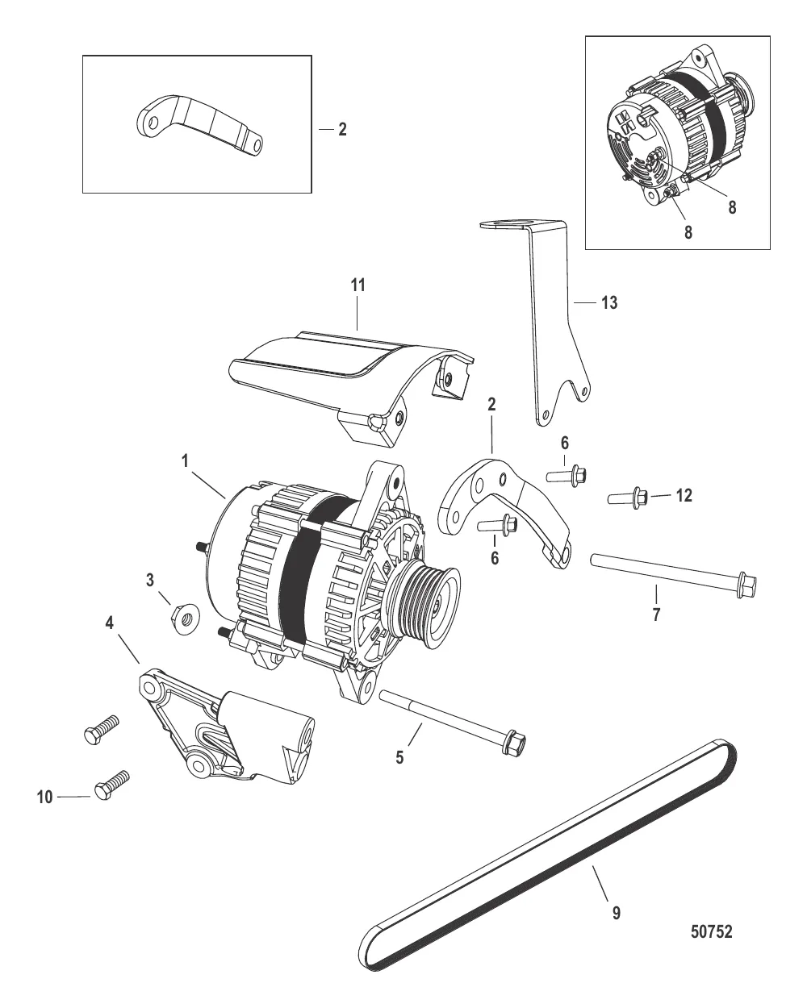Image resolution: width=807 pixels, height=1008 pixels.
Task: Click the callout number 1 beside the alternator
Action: click(185, 461)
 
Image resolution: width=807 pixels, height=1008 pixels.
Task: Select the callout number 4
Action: click(109, 623)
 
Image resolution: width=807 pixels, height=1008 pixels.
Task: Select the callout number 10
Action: click(44, 797)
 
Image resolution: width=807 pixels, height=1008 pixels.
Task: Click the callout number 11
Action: click(358, 285)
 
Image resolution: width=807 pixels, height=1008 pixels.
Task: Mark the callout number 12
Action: click(684, 495)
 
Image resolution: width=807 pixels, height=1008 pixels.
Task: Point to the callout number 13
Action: click(609, 302)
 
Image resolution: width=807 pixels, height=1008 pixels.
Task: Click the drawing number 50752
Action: click(711, 932)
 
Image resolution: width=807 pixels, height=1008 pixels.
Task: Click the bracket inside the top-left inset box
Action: click(198, 125)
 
